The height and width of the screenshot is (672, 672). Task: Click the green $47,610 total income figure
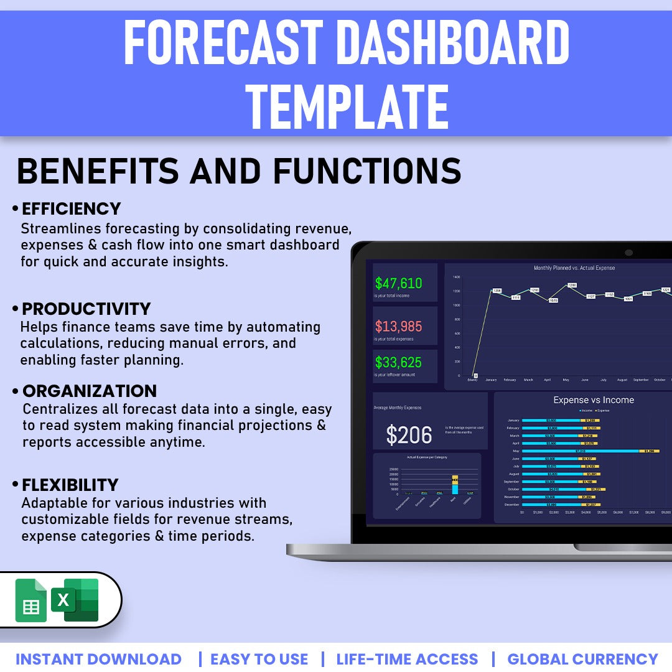tap(398, 284)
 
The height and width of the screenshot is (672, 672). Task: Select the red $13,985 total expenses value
tap(398, 326)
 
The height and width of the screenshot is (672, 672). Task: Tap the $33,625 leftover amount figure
tap(398, 362)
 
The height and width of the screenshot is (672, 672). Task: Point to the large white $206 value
tap(409, 436)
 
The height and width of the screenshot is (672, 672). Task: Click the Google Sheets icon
tap(31, 600)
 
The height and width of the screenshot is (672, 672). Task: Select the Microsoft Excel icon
tap(75, 600)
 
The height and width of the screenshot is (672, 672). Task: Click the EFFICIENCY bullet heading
tap(71, 208)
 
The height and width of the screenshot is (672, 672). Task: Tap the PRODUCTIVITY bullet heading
tap(86, 309)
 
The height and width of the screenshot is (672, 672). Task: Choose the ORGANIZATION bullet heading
tap(90, 391)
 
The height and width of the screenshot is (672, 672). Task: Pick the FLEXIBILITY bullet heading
tap(70, 485)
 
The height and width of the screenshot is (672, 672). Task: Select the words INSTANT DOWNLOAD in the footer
tap(98, 659)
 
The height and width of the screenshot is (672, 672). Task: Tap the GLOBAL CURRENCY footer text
tap(582, 659)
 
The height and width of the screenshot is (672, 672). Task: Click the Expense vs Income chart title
tap(594, 400)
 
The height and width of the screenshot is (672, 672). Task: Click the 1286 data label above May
tap(572, 286)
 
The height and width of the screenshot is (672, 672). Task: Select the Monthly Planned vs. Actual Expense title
tap(574, 268)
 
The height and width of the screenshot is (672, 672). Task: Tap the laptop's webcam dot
tap(628, 253)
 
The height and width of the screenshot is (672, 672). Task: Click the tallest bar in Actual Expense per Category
tap(455, 485)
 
